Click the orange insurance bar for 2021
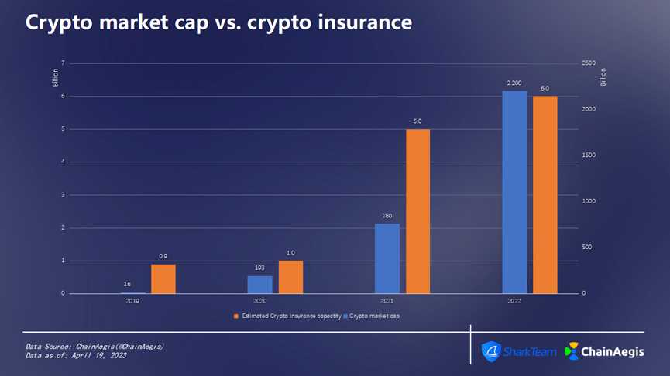click(417, 210)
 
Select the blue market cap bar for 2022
click(514, 192)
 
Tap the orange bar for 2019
click(163, 279)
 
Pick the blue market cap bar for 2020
click(259, 285)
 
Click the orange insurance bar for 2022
click(545, 194)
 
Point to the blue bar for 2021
click(387, 258)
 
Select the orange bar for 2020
click(290, 277)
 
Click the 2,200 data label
click(514, 83)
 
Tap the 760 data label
click(387, 215)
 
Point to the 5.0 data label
click(417, 121)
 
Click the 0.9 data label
click(163, 256)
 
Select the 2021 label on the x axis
click(387, 300)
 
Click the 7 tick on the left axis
click(62, 63)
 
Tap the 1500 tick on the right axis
click(589, 156)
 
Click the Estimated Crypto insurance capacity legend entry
click(288, 316)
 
